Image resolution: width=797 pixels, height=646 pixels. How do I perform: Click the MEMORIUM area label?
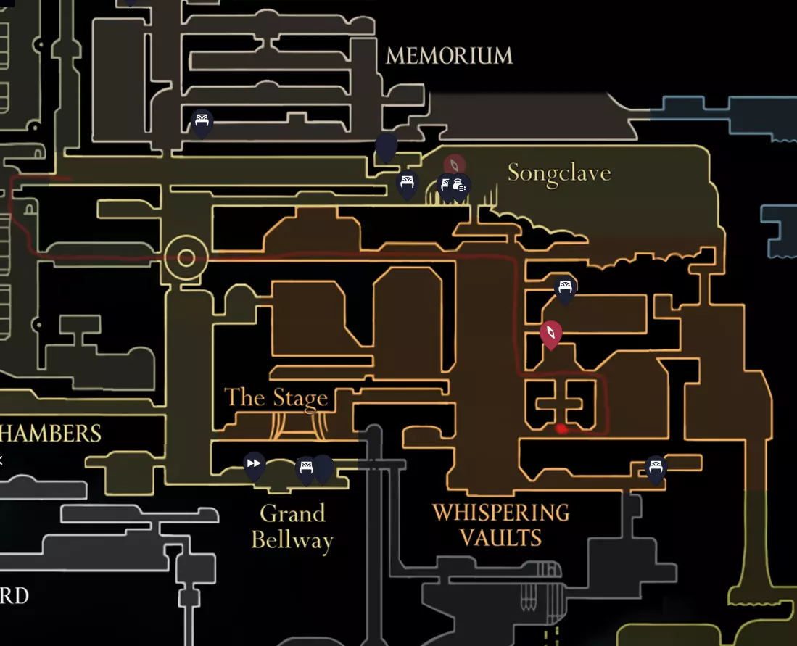click(449, 56)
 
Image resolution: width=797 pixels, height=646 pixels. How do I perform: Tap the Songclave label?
click(558, 173)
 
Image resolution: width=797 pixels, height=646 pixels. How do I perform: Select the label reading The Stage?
click(276, 398)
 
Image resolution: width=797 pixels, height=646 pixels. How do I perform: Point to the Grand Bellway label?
click(292, 527)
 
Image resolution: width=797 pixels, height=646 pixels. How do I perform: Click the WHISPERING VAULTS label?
click(500, 525)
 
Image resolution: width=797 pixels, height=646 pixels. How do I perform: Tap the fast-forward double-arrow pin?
click(254, 464)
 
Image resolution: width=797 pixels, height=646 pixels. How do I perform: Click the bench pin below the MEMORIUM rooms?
click(202, 122)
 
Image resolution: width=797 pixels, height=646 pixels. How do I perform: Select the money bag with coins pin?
click(460, 186)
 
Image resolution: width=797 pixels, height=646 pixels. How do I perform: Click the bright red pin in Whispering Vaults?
click(551, 334)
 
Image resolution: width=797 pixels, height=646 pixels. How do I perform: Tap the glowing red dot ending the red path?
click(561, 428)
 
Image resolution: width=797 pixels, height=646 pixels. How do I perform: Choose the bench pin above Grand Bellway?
click(306, 469)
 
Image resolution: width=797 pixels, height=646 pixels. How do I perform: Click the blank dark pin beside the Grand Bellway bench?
click(323, 468)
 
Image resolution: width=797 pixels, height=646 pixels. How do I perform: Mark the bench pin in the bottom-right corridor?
click(656, 468)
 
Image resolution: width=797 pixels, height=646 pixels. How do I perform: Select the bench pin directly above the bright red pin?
click(566, 288)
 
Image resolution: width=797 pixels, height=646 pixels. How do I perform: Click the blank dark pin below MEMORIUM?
click(386, 147)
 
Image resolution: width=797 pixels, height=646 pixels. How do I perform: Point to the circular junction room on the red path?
click(186, 258)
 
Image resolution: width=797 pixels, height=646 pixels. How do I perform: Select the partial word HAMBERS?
click(51, 434)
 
